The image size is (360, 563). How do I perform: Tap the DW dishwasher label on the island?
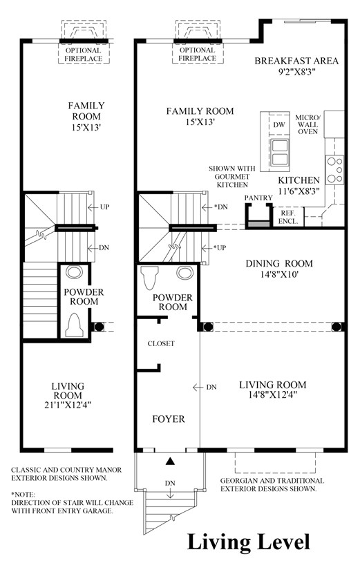pos(279,125)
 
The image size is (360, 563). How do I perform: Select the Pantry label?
pos(258,198)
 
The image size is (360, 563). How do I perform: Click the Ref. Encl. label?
pos(288,217)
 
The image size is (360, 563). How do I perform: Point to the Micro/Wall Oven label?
pos(307,124)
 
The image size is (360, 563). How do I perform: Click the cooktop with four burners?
pos(334,170)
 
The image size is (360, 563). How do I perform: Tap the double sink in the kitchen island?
pos(280,152)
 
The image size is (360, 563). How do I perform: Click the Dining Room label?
pos(279,264)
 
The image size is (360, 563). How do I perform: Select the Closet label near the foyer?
pos(161,343)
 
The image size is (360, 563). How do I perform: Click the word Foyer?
pos(169,419)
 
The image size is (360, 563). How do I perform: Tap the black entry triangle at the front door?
pos(170,461)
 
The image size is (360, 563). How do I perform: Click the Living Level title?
pos(248,542)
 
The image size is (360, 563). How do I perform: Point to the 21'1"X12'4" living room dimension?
pos(68,405)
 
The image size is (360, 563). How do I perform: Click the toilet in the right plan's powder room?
pos(149,278)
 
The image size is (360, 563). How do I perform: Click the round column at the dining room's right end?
pos(337,327)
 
